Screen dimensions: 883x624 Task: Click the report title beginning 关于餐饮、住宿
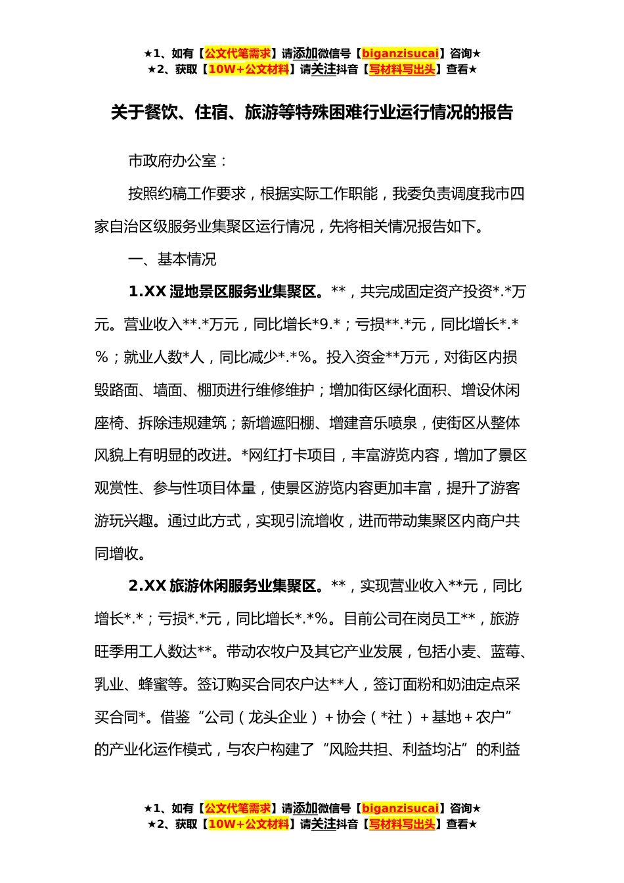tap(311, 112)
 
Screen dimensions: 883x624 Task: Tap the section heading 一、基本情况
tap(172, 260)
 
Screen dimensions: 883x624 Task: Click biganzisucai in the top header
tap(400, 53)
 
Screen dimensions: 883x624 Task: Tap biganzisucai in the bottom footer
tap(400, 808)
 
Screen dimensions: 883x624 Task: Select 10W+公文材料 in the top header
tap(248, 69)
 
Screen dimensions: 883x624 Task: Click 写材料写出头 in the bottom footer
tap(402, 824)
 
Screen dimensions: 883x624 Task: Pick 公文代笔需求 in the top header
tap(237, 53)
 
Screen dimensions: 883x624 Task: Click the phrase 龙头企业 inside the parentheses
tap(277, 717)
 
